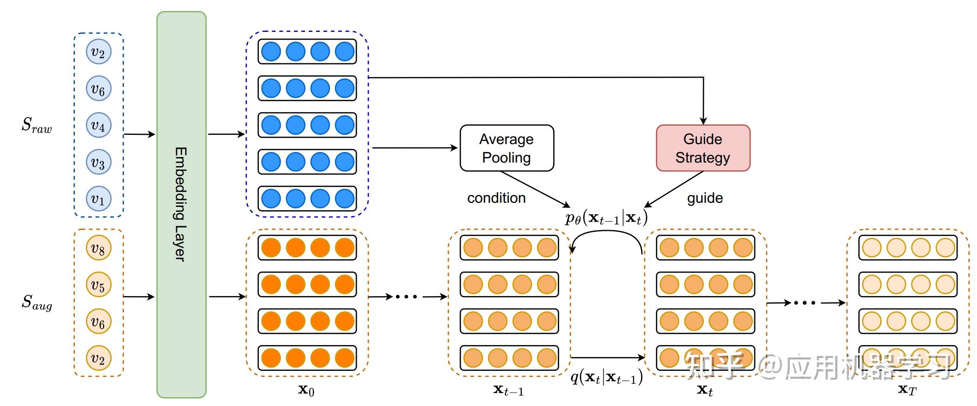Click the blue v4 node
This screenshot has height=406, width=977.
tap(98, 125)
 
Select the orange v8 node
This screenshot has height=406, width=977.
tap(98, 248)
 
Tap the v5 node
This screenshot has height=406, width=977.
tap(98, 285)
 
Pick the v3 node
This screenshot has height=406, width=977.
tap(98, 162)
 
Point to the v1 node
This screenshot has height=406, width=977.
tap(98, 199)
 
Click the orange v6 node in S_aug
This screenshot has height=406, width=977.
tap(98, 321)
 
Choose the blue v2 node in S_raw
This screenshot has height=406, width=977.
tap(98, 52)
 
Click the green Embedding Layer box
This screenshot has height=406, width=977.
tap(181, 204)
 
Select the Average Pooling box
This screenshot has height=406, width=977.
tap(507, 148)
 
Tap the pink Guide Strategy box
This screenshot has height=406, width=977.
tap(702, 148)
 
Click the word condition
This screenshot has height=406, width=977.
tap(496, 198)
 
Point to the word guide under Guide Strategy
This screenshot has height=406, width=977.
tap(705, 198)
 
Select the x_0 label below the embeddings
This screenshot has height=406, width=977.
tap(306, 390)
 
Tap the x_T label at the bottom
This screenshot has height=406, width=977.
tap(907, 389)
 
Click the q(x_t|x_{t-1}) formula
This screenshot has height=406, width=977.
tap(606, 377)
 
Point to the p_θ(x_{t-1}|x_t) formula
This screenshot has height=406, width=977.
tap(606, 217)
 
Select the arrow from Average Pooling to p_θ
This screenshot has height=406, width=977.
tap(535, 189)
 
